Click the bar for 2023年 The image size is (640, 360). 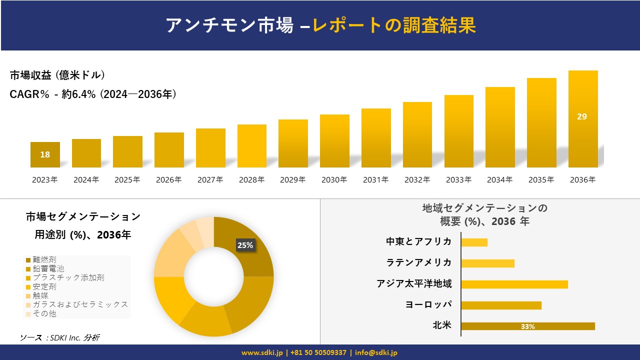(45, 155)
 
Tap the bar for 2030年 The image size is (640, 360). (334, 141)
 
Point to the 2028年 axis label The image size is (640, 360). (251, 180)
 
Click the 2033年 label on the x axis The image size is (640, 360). (458, 180)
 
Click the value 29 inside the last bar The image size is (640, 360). (582, 116)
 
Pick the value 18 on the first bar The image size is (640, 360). (45, 154)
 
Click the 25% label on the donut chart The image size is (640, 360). (245, 245)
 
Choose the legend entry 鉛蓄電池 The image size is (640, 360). (48, 268)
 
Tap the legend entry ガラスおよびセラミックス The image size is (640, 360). (80, 304)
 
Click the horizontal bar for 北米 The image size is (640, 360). (527, 326)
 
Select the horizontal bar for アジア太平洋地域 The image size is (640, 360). (514, 284)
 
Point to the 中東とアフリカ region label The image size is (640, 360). (418, 242)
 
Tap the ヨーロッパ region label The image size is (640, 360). (428, 305)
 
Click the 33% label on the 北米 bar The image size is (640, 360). (527, 326)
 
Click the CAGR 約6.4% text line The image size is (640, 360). (93, 94)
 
